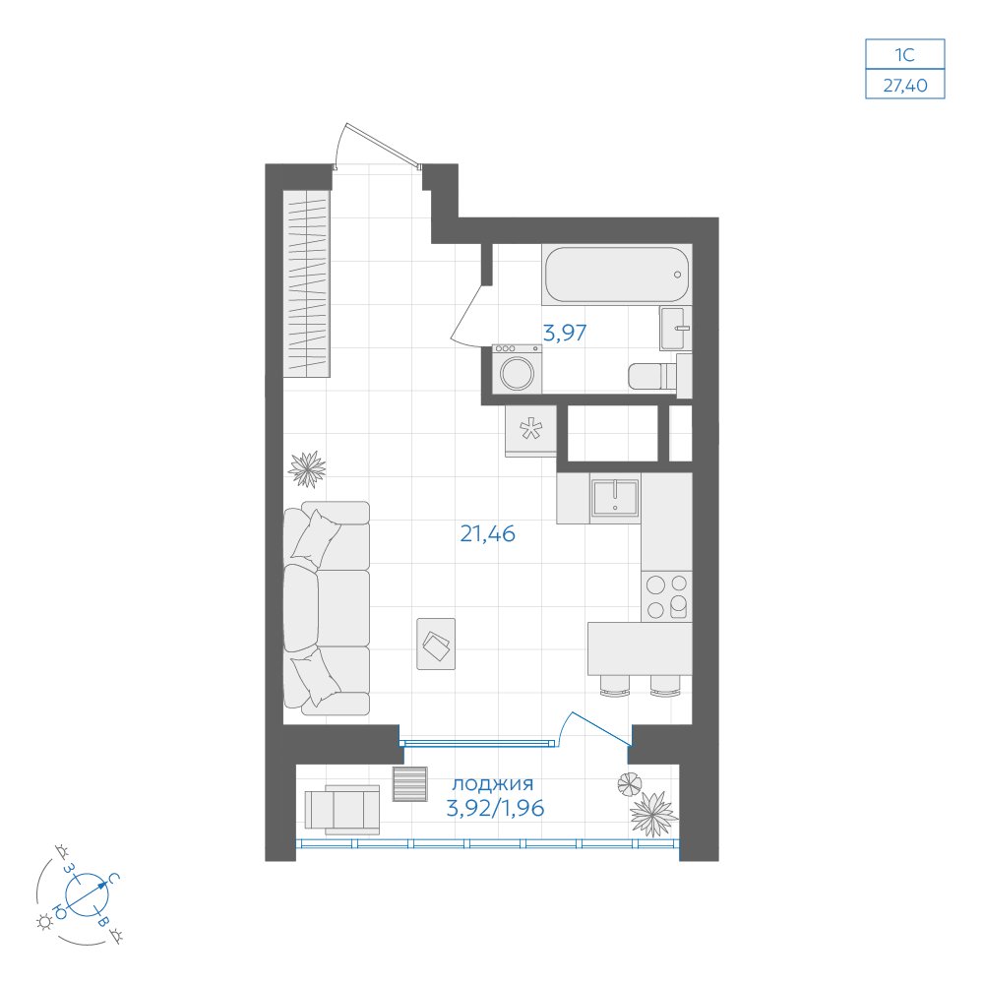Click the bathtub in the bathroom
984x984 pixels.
click(x=617, y=275)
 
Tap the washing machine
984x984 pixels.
click(x=518, y=369)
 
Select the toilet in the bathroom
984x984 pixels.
click(x=659, y=375)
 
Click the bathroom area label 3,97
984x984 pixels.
click(x=565, y=333)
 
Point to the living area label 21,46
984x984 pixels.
click(x=488, y=534)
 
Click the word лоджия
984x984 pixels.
click(x=493, y=784)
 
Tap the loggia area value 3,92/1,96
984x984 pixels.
click(x=495, y=808)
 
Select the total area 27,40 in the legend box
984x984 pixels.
click(x=905, y=85)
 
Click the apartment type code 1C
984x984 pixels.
click(x=905, y=54)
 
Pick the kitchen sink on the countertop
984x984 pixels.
click(x=615, y=498)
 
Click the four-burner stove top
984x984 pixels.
click(x=666, y=596)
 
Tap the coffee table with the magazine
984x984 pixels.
click(x=436, y=644)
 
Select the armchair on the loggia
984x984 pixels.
click(x=342, y=810)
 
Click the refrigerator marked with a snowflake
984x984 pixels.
click(x=530, y=431)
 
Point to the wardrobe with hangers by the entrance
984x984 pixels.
click(x=306, y=283)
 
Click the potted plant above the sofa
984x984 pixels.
click(x=307, y=468)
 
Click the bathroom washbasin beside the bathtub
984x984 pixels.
click(x=675, y=329)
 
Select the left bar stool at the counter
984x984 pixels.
click(x=613, y=685)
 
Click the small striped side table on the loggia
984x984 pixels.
click(x=410, y=784)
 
